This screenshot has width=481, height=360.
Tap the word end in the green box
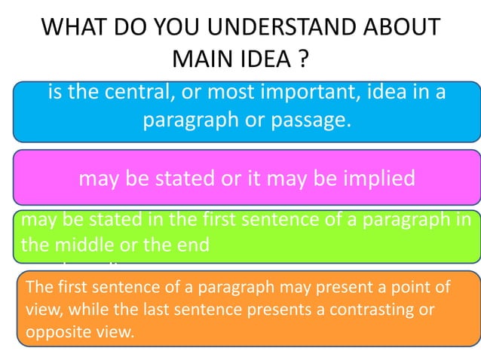(x=193, y=245)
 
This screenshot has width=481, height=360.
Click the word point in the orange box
(x=412, y=288)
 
